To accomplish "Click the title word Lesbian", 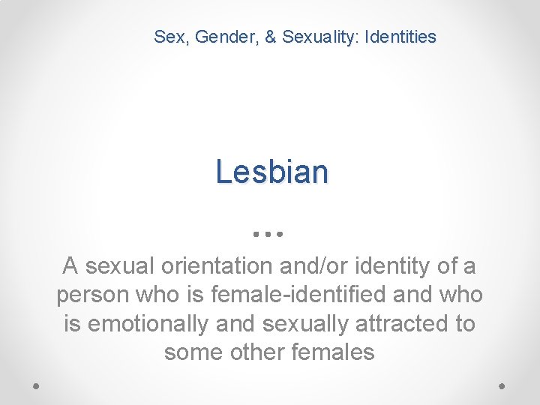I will [x=271, y=172].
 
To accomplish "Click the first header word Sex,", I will [x=171, y=36].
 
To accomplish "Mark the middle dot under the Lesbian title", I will [x=268, y=234].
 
